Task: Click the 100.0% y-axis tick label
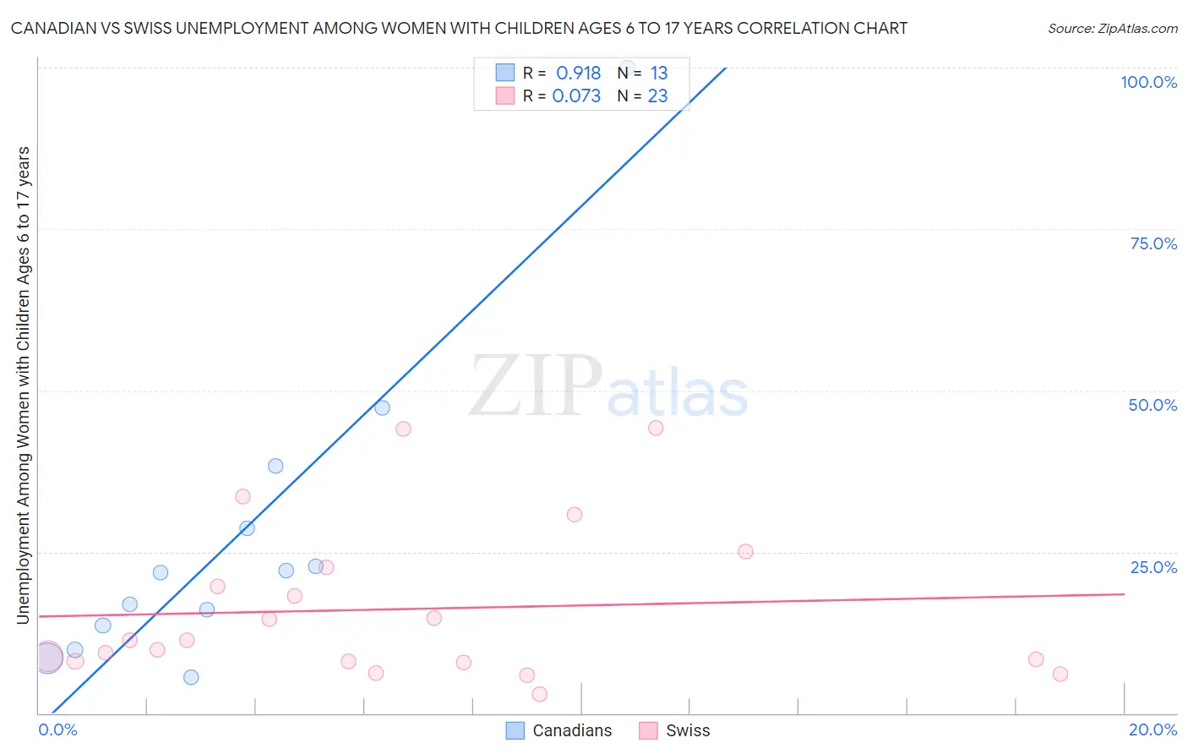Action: tap(1148, 82)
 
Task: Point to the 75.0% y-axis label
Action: tap(1153, 243)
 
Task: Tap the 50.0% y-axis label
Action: tap(1153, 405)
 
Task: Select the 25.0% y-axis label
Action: tap(1153, 567)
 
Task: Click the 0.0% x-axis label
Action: tap(57, 729)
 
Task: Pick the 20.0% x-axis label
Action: tap(1153, 729)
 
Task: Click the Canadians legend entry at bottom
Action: tap(559, 730)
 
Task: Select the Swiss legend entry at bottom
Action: tap(675, 730)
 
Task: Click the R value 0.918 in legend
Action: tap(578, 74)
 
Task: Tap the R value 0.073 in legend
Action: tap(576, 96)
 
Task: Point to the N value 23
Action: tap(657, 96)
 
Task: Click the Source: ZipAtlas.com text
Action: tap(1112, 29)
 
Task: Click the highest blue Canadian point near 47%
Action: tap(382, 407)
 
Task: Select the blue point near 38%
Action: tap(275, 466)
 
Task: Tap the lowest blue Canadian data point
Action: tap(191, 677)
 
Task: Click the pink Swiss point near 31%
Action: tap(575, 515)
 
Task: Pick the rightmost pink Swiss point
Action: tap(1060, 674)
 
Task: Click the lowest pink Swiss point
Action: tap(540, 694)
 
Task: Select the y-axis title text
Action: tap(23, 385)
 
